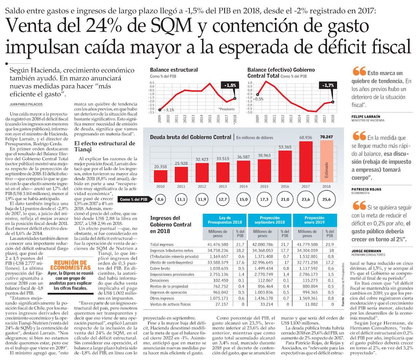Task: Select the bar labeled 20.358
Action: point(160,175)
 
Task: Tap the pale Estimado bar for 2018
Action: point(327,161)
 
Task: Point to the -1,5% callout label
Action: point(230,85)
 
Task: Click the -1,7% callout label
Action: point(328,85)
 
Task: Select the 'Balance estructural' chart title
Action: point(174,70)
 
